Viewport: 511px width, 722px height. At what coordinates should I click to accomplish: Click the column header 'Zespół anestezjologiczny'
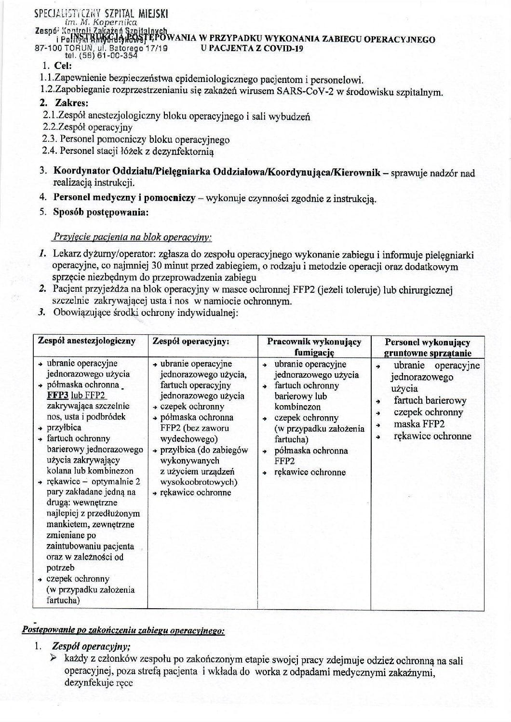[x=87, y=341]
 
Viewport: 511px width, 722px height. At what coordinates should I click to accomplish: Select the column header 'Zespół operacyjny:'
[x=190, y=341]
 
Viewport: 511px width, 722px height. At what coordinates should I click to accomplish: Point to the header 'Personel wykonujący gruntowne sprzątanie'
[x=427, y=347]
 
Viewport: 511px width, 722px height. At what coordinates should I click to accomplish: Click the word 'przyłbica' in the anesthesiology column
[x=64, y=428]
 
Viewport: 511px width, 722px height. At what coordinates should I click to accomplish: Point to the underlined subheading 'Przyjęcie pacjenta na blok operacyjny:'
[x=131, y=238]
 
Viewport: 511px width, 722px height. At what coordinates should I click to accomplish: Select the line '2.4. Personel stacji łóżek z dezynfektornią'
[x=128, y=151]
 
